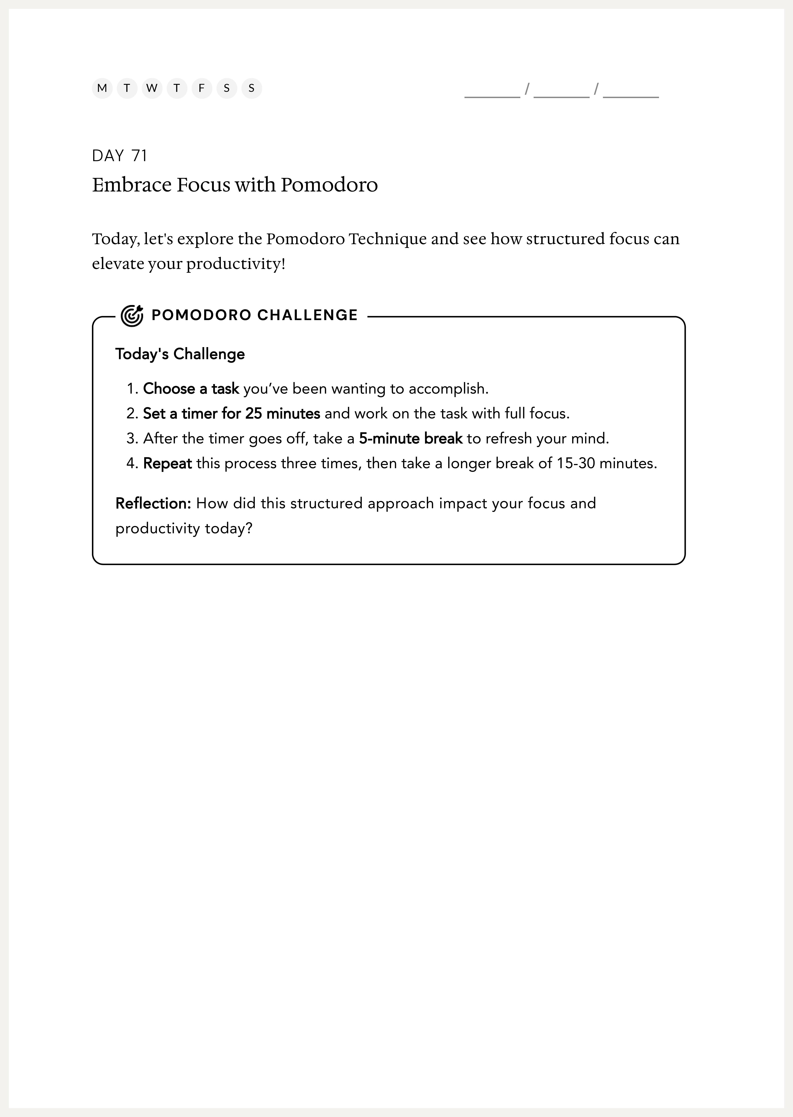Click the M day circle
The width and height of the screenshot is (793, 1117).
pos(102,88)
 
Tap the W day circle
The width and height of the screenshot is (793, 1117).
pos(152,88)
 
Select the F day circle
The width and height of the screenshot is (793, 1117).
pos(202,88)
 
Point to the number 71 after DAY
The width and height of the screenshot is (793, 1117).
pos(139,156)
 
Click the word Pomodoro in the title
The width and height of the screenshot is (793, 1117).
pos(329,185)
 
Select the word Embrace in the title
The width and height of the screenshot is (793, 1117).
pos(132,185)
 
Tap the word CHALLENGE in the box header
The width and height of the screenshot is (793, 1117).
pos(308,315)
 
